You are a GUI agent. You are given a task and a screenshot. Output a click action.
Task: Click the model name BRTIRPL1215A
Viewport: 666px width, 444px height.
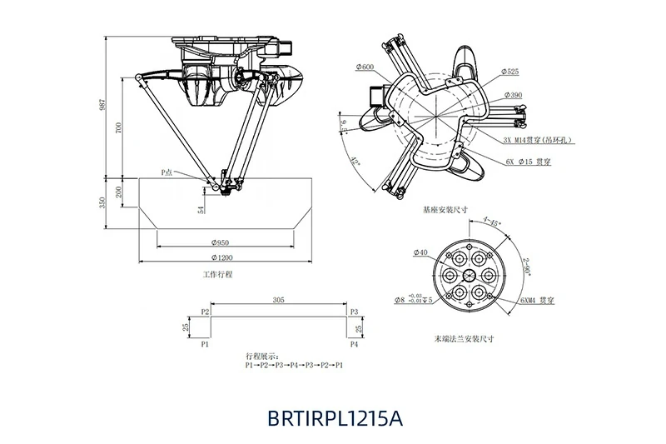pos(335,417)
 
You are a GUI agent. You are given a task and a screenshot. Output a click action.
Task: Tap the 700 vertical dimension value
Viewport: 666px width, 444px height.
pos(120,128)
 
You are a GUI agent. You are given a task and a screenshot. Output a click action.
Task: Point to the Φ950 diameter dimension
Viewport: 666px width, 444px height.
pos(221,242)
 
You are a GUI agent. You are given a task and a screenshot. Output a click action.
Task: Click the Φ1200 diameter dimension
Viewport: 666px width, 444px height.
pos(221,256)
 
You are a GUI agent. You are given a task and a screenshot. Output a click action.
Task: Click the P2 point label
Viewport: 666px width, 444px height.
pos(206,312)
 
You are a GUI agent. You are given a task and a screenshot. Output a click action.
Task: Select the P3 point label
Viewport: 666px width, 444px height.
pos(354,312)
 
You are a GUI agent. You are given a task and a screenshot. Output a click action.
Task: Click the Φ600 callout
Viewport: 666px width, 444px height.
pos(365,67)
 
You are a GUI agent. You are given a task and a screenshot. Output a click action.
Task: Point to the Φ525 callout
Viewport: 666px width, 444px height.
pos(511,72)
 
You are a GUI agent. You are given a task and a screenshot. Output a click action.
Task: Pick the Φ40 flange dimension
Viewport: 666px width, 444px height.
pos(420,252)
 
